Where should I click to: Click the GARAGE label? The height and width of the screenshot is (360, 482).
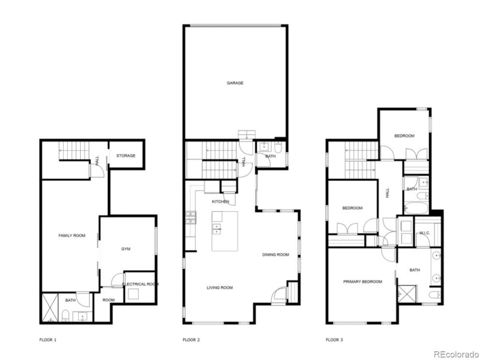click(235, 83)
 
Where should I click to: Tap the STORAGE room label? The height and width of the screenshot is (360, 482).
click(125, 156)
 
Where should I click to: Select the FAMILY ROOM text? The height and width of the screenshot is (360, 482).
click(72, 236)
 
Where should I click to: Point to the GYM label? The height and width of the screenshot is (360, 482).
click(126, 249)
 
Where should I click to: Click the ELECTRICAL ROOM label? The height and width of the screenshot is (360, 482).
click(140, 284)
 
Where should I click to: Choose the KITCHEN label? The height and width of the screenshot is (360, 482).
click(220, 201)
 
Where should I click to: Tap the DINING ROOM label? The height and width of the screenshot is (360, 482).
click(276, 255)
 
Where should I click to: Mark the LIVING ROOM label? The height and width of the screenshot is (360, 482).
click(219, 287)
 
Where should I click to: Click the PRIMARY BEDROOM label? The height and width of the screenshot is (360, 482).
click(363, 282)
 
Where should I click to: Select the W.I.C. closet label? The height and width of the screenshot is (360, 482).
click(424, 233)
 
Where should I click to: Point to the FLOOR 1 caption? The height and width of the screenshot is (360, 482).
click(48, 340)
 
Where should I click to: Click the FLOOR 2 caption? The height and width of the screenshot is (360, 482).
click(191, 340)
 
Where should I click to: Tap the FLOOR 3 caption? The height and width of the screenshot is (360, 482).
click(335, 340)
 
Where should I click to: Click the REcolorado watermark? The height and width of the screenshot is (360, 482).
click(455, 354)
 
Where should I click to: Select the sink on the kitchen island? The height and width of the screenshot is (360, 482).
click(216, 229)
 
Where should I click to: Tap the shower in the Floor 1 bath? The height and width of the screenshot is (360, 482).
click(49, 308)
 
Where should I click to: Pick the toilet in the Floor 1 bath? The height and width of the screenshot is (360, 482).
click(65, 317)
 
